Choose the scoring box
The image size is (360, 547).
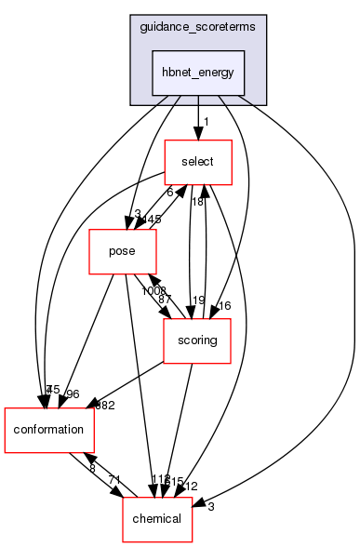198,341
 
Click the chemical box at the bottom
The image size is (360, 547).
158,520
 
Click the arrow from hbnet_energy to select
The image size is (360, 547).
197,116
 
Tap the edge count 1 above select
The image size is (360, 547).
205,123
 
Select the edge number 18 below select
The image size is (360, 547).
198,202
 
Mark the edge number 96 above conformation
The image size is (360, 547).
73,393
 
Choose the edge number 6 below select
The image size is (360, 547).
170,193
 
